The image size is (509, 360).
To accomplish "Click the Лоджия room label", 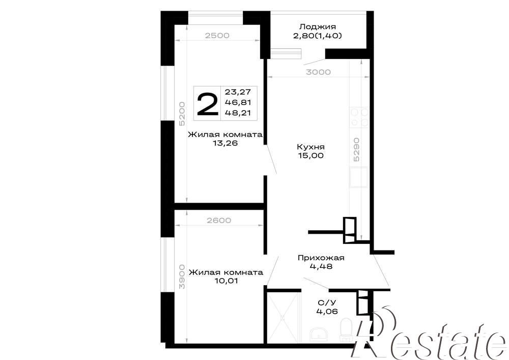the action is pyautogui.click(x=318, y=26).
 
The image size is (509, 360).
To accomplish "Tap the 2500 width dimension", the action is pyautogui.click(x=217, y=36).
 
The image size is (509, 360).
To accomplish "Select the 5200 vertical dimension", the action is pyautogui.click(x=182, y=114).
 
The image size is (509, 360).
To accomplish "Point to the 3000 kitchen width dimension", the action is pyautogui.click(x=318, y=72).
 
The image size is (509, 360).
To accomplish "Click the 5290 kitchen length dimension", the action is pyautogui.click(x=356, y=150).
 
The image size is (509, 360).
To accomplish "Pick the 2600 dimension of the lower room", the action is pyautogui.click(x=219, y=220).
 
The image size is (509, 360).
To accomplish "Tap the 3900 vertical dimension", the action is pyautogui.click(x=182, y=276).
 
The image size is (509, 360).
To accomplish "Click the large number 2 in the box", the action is pyautogui.click(x=208, y=104).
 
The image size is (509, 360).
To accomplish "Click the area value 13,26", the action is pyautogui.click(x=225, y=143).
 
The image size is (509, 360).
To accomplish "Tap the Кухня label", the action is pyautogui.click(x=310, y=147).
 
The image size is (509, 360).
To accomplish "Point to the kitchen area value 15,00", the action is pyautogui.click(x=310, y=155).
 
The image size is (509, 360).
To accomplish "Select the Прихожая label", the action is pyautogui.click(x=321, y=258).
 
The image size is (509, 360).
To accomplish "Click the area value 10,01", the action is pyautogui.click(x=226, y=281).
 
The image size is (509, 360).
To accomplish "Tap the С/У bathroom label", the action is pyautogui.click(x=327, y=303).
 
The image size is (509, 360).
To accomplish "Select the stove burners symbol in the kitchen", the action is pyautogui.click(x=359, y=117).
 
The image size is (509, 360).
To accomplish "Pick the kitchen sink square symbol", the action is pyautogui.click(x=358, y=177).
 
